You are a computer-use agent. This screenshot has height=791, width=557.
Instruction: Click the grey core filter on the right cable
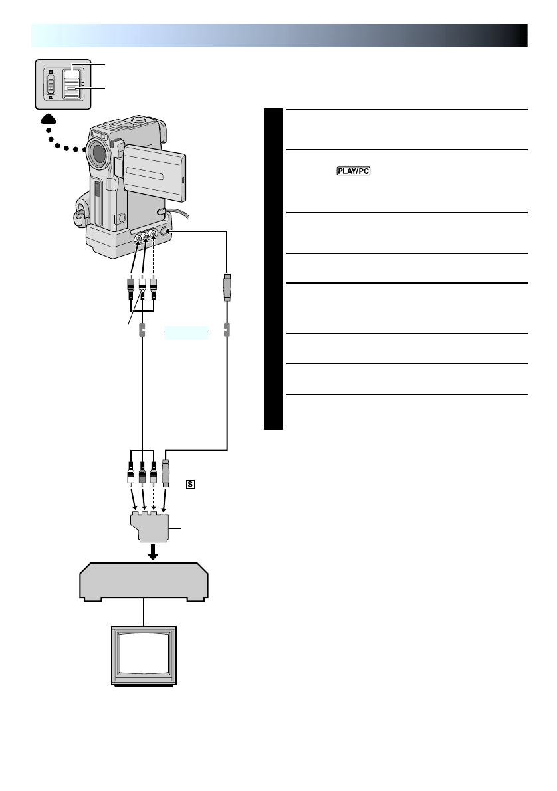coord(227,330)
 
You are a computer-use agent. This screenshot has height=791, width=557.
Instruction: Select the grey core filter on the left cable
coord(142,330)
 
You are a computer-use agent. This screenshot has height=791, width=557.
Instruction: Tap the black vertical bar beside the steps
coord(273,269)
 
